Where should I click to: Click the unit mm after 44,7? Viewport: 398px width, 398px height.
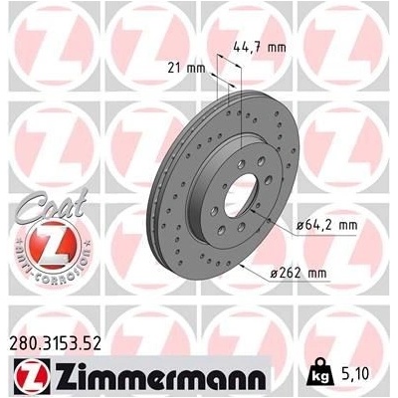281,46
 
